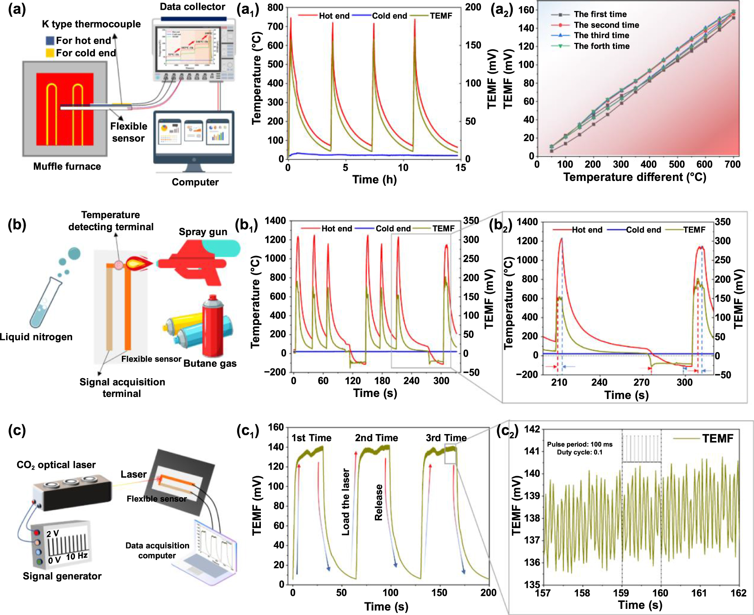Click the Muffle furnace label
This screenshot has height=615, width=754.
click(x=67, y=166)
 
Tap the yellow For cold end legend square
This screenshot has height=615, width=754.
click(x=50, y=53)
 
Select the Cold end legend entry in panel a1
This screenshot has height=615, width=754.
click(x=389, y=16)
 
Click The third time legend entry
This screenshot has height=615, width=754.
click(x=601, y=35)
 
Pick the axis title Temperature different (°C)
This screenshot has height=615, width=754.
click(x=635, y=177)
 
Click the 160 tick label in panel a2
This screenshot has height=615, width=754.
click(x=526, y=10)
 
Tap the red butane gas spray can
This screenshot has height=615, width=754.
click(x=213, y=326)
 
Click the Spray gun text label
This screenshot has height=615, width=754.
click(x=203, y=232)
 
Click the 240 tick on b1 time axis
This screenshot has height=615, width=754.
click(x=411, y=381)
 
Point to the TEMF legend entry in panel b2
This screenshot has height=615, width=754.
click(x=694, y=230)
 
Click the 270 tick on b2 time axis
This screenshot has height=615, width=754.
click(x=641, y=383)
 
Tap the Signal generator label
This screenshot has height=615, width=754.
click(x=62, y=576)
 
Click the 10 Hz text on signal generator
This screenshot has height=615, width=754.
click(x=77, y=556)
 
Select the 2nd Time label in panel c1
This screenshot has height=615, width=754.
click(x=376, y=438)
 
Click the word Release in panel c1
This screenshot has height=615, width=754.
click(x=379, y=502)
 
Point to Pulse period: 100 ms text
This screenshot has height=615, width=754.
click(x=580, y=444)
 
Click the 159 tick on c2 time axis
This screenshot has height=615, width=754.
click(x=621, y=593)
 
